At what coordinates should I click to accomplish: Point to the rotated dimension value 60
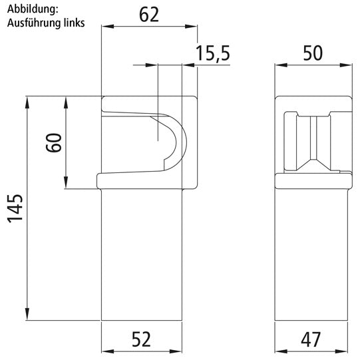click(x=54, y=142)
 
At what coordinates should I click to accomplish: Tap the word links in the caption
click(x=71, y=22)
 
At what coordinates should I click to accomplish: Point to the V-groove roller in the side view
click(x=313, y=142)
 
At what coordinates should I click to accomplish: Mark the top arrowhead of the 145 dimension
click(x=27, y=99)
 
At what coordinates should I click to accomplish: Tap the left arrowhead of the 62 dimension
click(x=105, y=27)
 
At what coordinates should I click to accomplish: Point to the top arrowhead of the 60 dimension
click(x=67, y=99)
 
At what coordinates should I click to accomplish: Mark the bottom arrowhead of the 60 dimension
click(x=67, y=184)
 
